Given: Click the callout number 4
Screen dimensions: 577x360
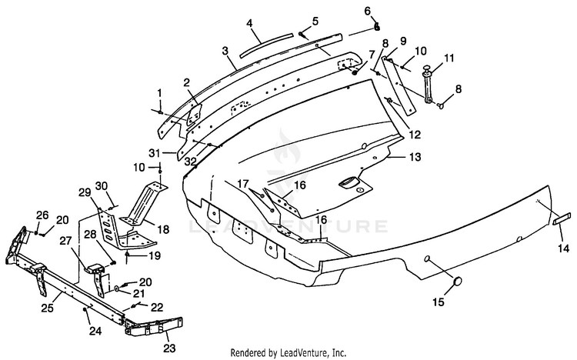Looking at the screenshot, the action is click(x=249, y=23).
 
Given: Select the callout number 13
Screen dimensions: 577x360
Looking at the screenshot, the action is click(x=415, y=157).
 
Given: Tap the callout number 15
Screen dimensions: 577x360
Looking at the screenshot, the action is click(x=439, y=302).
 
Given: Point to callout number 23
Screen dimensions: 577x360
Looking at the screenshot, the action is click(x=169, y=348).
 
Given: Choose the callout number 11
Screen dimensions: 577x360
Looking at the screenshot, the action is click(x=449, y=58).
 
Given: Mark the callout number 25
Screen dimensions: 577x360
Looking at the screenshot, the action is click(x=47, y=308).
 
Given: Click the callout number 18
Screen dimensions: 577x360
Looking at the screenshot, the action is click(x=163, y=230).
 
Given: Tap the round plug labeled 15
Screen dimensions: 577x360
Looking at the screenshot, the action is click(x=457, y=282).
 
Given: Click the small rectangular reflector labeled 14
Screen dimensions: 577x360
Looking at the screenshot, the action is click(x=562, y=218).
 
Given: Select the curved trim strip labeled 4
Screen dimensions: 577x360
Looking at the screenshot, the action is click(x=266, y=45).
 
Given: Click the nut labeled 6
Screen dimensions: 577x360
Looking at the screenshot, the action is click(x=376, y=27).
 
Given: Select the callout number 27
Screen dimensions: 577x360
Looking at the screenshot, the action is click(x=65, y=241).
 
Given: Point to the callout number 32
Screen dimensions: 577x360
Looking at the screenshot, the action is click(x=191, y=162).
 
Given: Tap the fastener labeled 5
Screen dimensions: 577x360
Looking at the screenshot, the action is click(x=302, y=35).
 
